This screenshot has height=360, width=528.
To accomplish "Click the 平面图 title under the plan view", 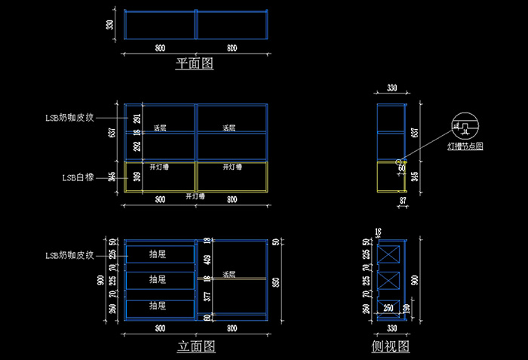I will coord(195,64).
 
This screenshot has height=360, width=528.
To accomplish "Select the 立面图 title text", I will coord(196,346).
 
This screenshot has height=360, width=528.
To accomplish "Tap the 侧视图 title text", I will coord(391,346).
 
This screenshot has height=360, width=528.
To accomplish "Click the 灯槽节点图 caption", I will coord(465,144).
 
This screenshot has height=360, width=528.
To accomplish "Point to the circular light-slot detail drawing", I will coord(464,125).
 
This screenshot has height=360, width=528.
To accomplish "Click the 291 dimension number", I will coord(137,118).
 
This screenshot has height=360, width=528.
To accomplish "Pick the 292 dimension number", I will coord(137,147).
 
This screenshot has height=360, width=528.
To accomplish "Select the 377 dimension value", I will coord(208,296).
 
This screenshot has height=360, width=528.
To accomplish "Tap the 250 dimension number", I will coord(388,307).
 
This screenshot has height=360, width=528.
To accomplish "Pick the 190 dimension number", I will coord(407,308).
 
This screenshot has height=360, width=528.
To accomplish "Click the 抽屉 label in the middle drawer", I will coord(158,280).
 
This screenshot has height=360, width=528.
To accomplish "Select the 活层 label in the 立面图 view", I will coord(229,274).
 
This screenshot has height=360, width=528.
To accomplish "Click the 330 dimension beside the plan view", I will coord(110,25).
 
